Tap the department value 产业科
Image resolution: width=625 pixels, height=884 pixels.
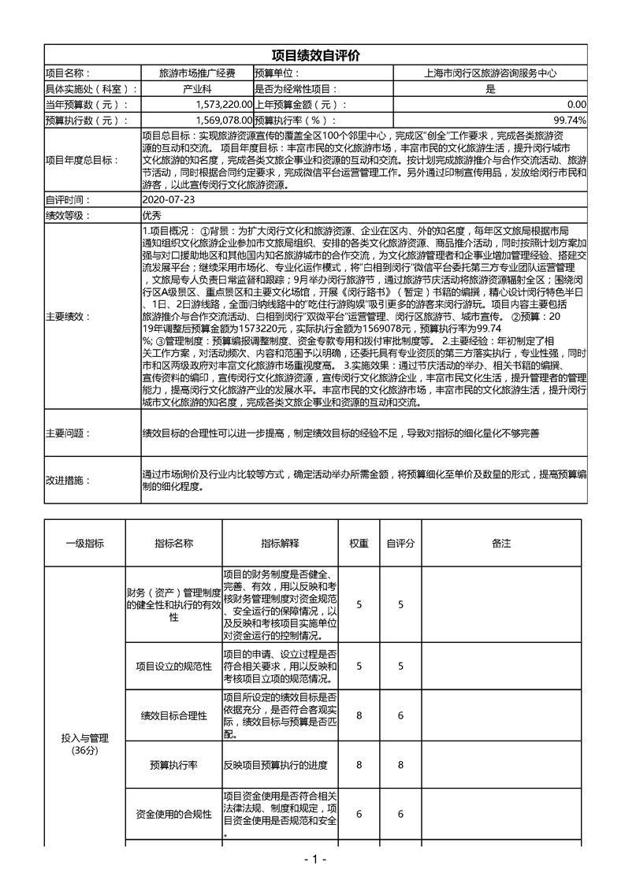coord(197,89)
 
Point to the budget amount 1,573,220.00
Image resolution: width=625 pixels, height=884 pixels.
coord(225,105)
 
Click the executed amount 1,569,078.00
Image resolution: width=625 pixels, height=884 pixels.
coord(225,121)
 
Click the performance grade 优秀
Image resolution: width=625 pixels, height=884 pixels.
coord(152,215)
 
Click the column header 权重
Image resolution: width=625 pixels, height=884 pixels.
coord(359,544)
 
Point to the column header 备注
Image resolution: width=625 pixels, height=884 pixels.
coord(501,544)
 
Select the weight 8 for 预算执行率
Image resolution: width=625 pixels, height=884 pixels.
coord(359,765)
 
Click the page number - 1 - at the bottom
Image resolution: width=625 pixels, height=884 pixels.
coord(314,860)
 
